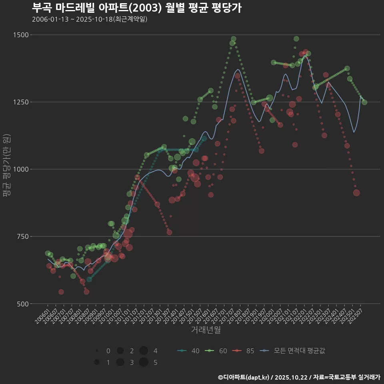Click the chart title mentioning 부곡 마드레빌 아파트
tap(136, 8)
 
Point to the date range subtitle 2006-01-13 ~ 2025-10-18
tap(90, 19)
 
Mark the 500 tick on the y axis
tap(23, 304)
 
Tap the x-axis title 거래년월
tap(206, 330)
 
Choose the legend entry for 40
tap(188, 351)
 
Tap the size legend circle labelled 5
tap(144, 362)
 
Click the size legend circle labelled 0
tap(97, 351)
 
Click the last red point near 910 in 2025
tap(356, 193)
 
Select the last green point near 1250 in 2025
tap(364, 102)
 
